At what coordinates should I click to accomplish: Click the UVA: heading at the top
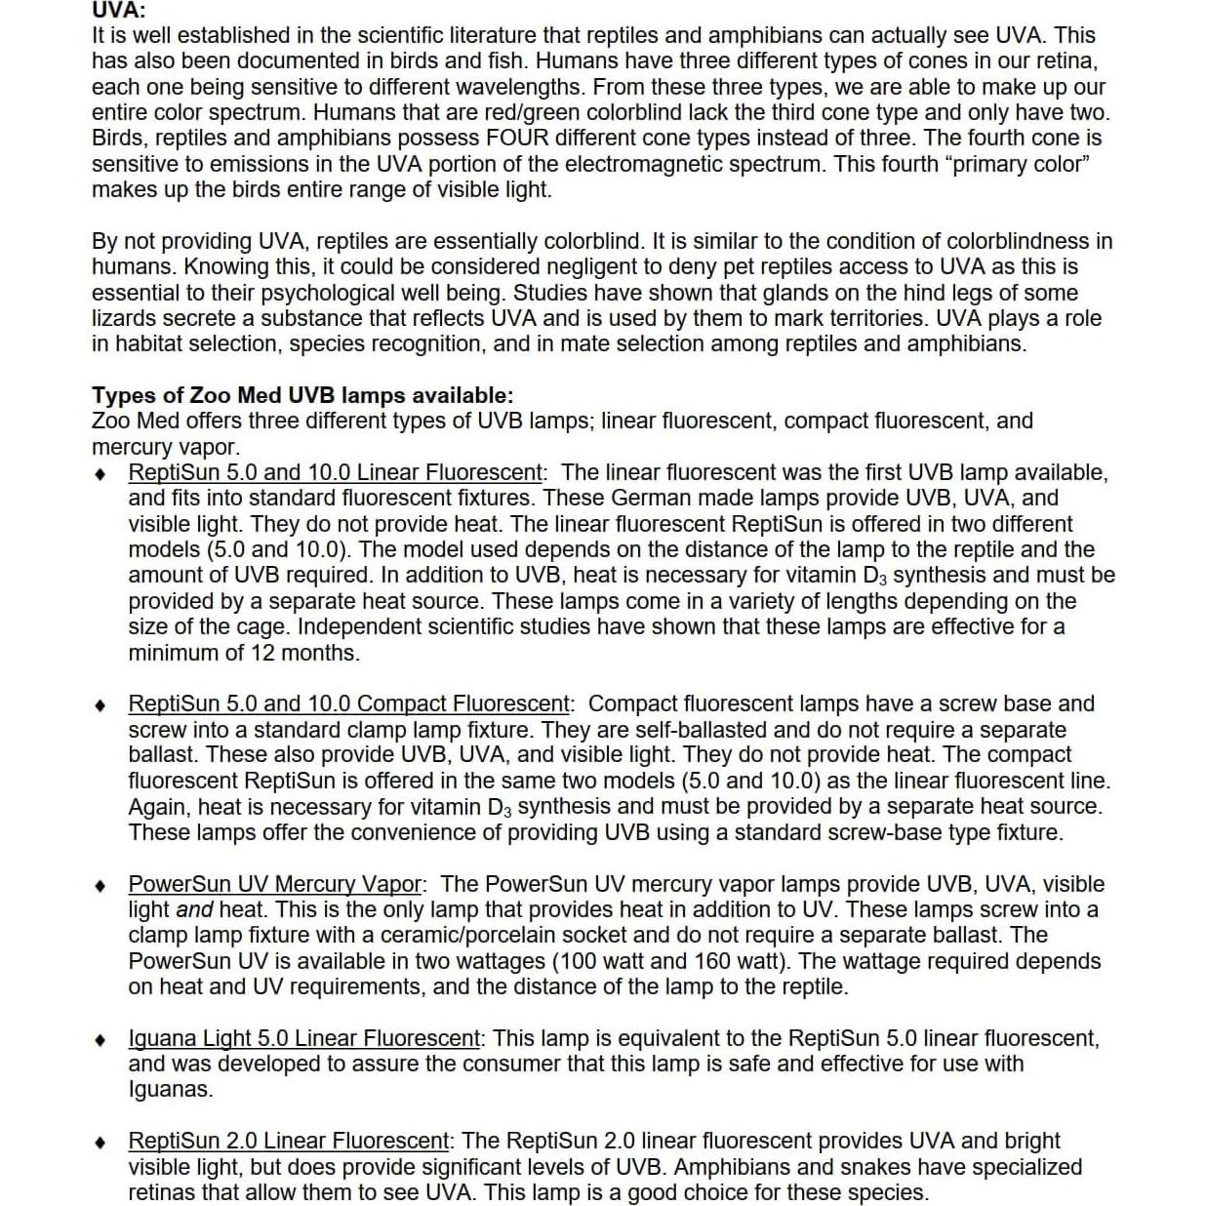point(118,10)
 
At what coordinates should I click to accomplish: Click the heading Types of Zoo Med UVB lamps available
point(301,395)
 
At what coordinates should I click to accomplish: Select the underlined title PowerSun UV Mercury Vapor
point(275,884)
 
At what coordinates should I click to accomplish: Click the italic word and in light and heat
point(194,909)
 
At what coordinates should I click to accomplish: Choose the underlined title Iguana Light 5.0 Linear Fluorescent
point(304,1038)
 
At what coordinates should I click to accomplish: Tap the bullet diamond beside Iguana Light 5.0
point(100,1039)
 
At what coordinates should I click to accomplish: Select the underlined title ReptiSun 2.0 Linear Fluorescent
point(289,1141)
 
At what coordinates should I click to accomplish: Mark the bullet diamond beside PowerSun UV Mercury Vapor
point(100,885)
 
